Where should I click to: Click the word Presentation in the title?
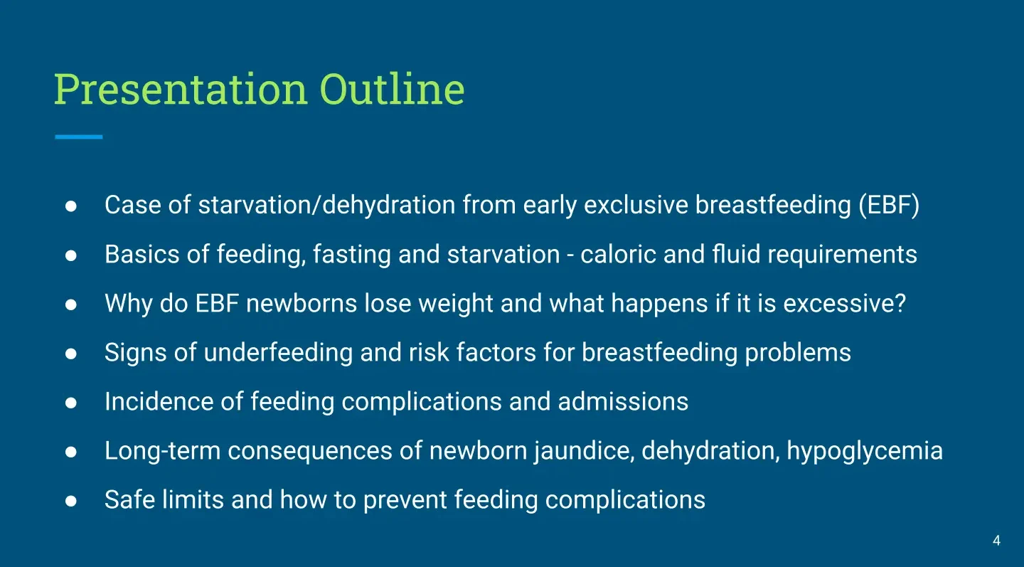[x=180, y=89]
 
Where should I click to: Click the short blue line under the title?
[x=79, y=137]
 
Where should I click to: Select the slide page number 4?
[x=996, y=541]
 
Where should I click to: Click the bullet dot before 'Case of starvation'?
[x=71, y=206]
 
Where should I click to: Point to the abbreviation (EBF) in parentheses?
[x=889, y=205]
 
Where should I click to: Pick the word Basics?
[x=142, y=254]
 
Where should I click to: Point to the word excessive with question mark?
[x=844, y=304]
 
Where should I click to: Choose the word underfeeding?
[x=278, y=353]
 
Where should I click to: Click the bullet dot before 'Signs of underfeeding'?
[x=71, y=354]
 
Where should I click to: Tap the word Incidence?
[x=159, y=402]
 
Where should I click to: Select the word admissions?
[x=623, y=402]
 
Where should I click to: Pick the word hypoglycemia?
[x=865, y=451]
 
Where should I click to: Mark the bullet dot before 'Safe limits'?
[x=71, y=501]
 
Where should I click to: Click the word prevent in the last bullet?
[x=405, y=500]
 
